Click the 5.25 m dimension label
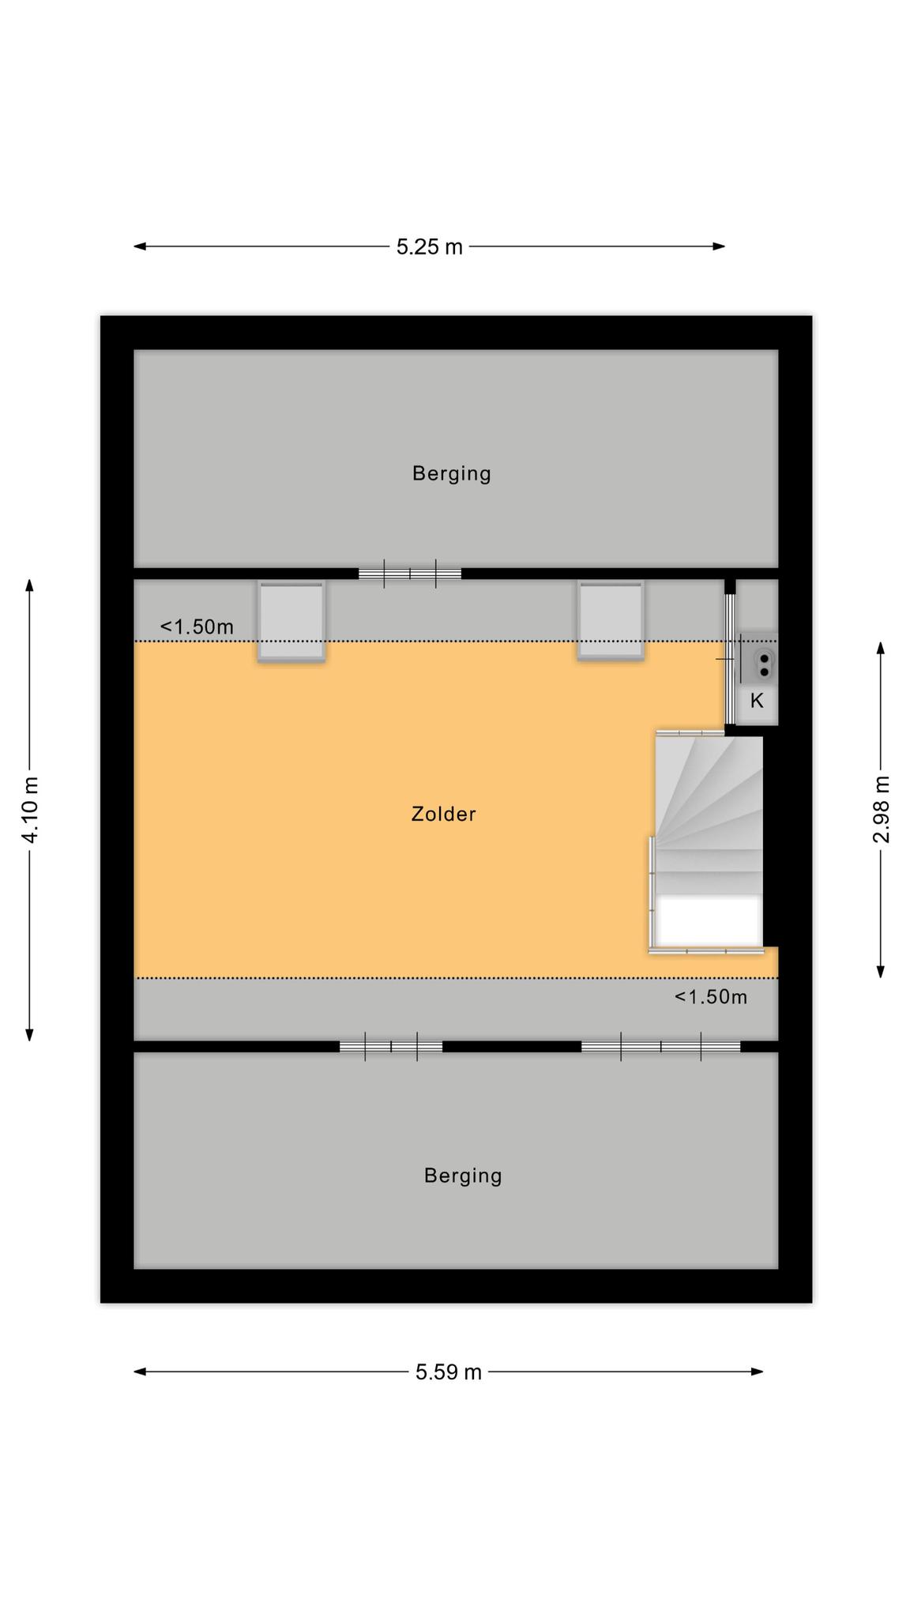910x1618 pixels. coord(429,247)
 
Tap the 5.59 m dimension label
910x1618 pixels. coord(449,1372)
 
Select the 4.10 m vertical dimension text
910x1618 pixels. coord(30,810)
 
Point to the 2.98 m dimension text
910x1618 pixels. coord(881,810)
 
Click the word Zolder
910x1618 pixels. coord(443,814)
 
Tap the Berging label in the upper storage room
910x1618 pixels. coord(451,473)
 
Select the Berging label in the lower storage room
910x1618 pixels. coord(463,1176)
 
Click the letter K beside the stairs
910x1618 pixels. coord(757,701)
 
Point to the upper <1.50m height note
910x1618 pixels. coord(197,627)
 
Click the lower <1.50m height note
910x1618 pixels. coord(710,997)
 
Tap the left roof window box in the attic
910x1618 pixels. coord(291,621)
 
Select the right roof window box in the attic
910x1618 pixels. coord(611,620)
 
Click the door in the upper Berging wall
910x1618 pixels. coord(410,574)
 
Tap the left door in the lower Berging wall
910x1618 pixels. coord(391,1047)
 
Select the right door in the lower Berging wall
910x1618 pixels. coord(661,1047)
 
